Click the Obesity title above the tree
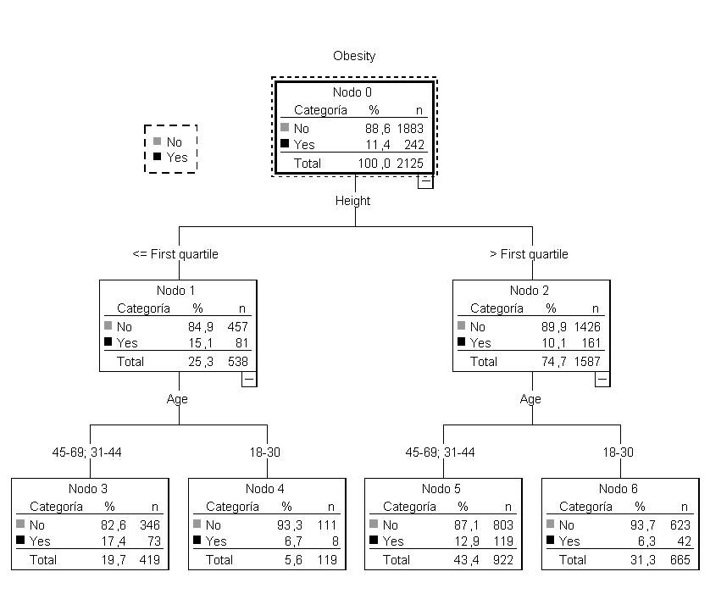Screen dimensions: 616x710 354,56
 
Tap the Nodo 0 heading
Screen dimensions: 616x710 354,92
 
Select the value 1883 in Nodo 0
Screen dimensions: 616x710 409,128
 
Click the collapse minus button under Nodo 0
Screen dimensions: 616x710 425,180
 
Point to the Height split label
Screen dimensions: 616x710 352,201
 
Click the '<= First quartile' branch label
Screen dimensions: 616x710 175,254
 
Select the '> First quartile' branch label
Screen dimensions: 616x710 529,254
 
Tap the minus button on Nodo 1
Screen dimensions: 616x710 249,380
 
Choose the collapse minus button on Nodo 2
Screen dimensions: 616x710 602,380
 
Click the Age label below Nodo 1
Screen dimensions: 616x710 177,399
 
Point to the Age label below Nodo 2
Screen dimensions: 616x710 530,399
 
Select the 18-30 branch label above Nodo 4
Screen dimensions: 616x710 265,452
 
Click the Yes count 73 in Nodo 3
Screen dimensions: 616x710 153,541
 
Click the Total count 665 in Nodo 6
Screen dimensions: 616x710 679,560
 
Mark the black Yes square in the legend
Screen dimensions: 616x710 157,157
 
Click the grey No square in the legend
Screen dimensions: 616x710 157,142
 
